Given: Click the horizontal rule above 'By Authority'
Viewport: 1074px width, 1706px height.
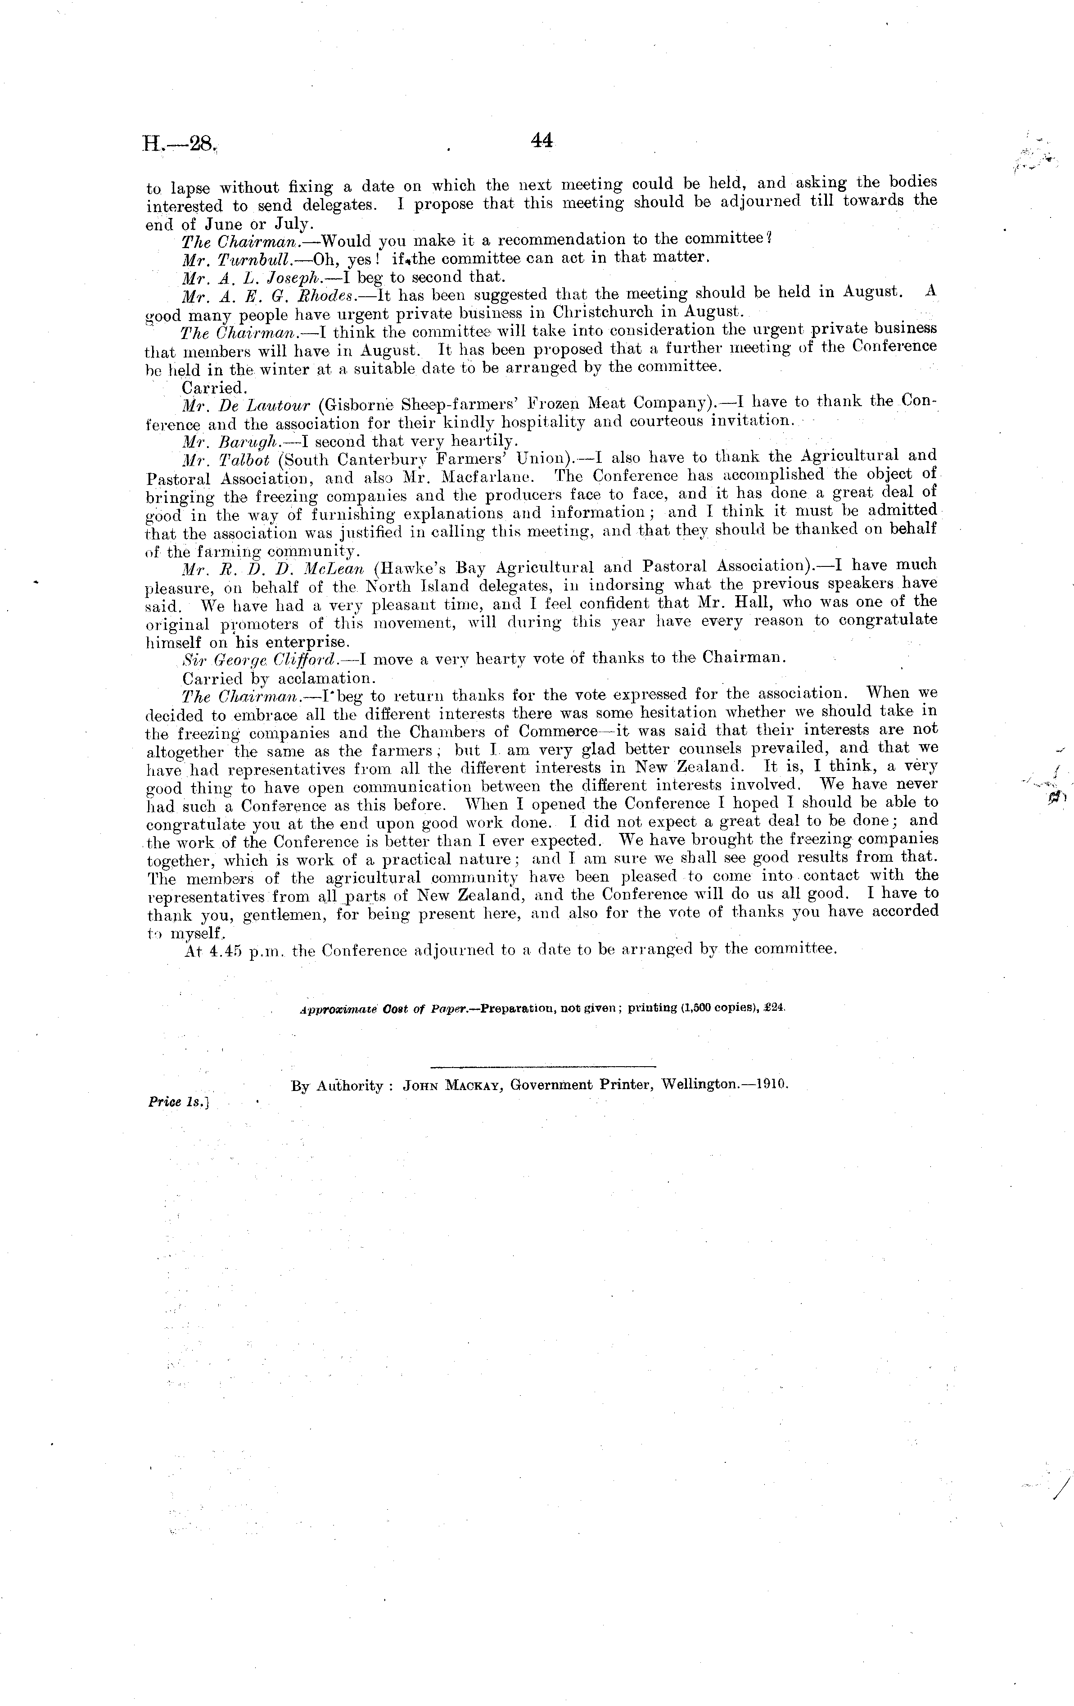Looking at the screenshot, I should click(543, 1066).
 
